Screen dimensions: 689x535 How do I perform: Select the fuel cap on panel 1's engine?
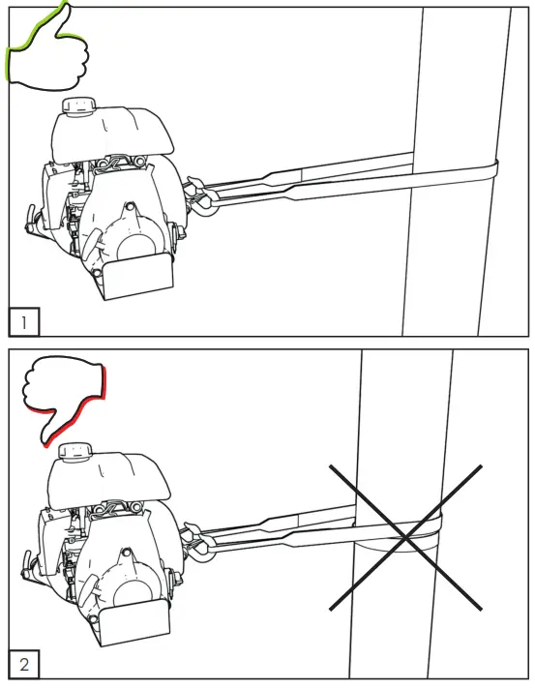coord(75,105)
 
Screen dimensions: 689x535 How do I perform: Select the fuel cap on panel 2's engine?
coord(75,450)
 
